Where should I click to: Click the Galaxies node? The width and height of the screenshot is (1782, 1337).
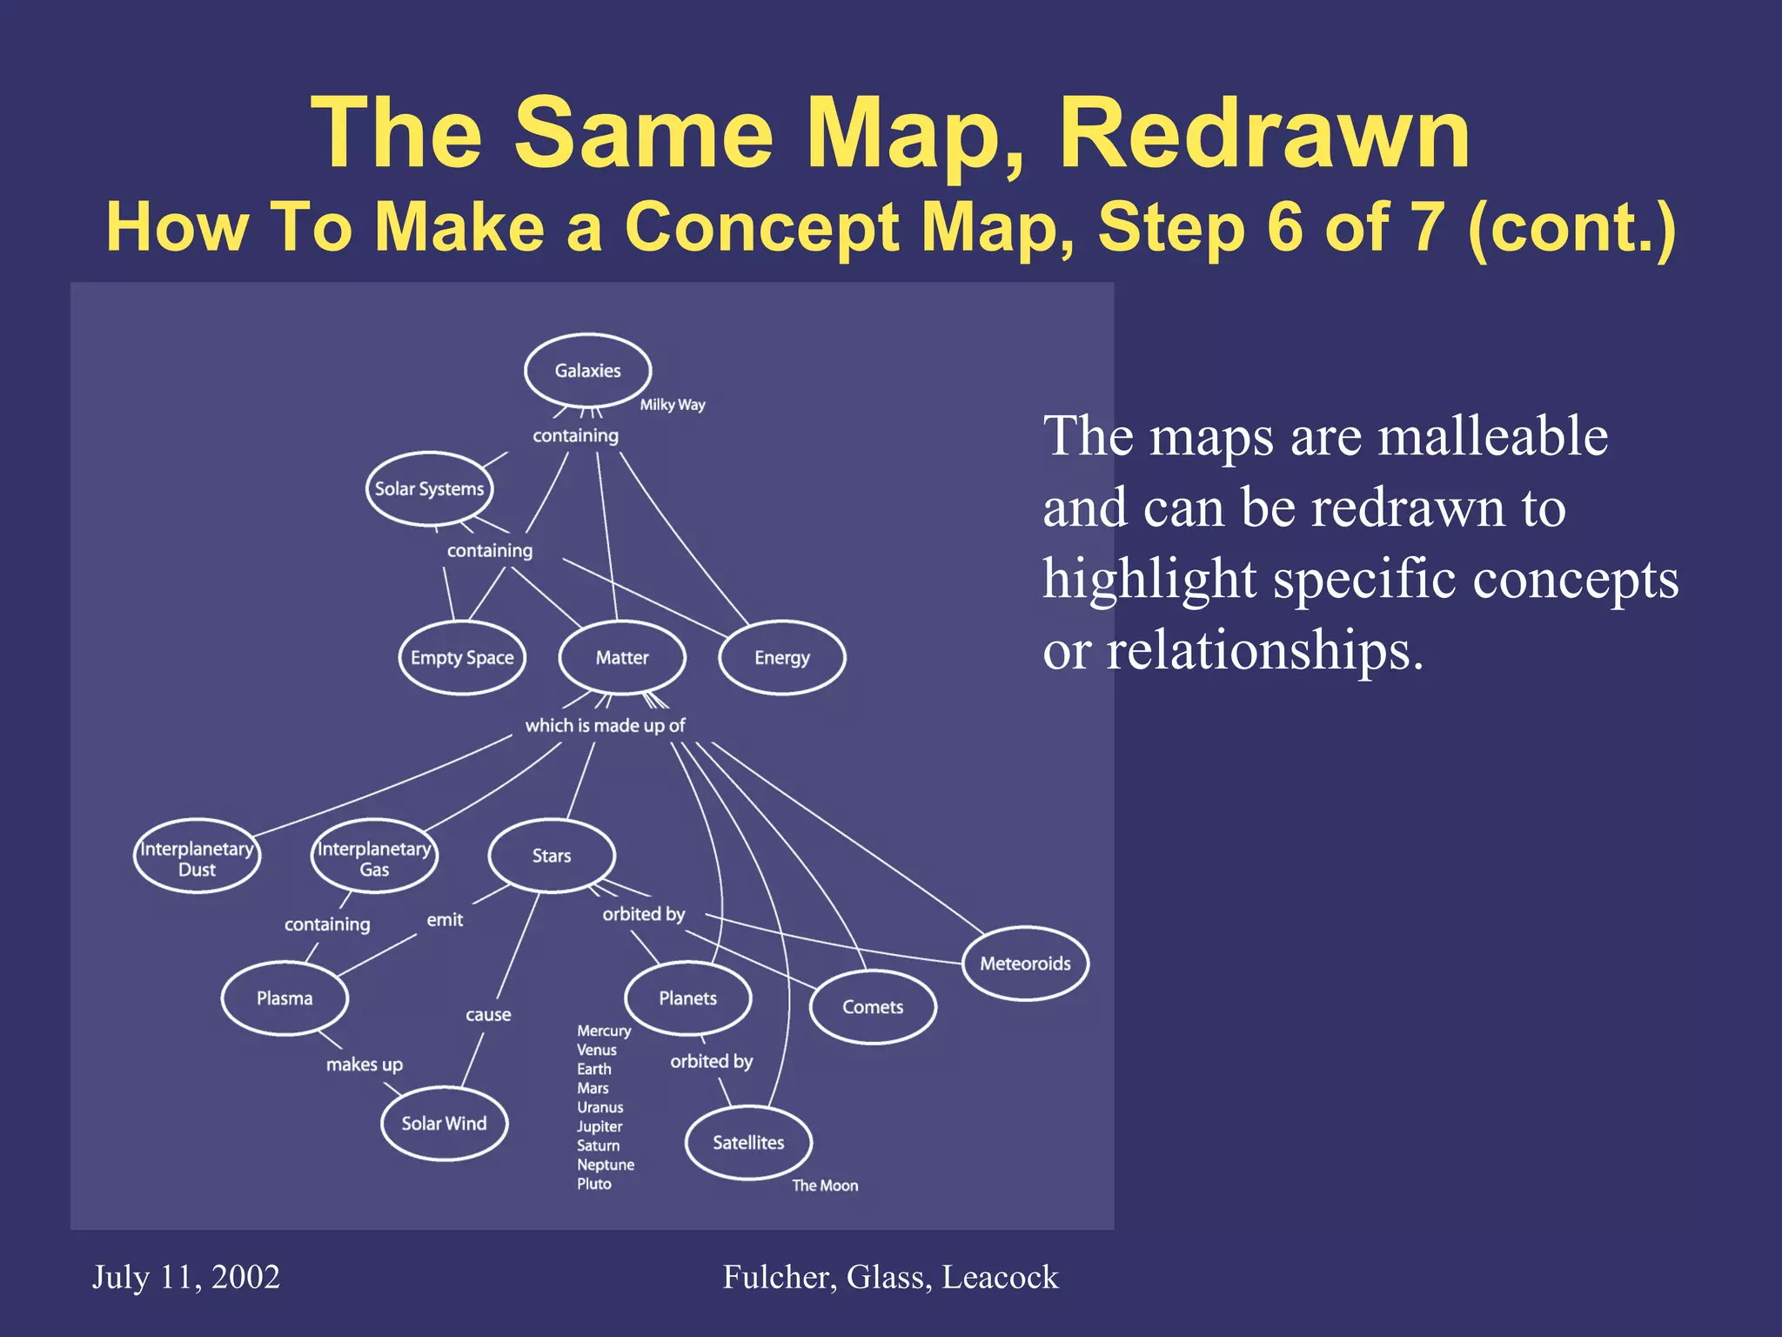click(x=587, y=371)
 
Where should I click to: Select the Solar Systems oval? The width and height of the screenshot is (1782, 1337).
click(x=429, y=489)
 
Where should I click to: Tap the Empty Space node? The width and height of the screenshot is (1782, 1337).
click(x=462, y=658)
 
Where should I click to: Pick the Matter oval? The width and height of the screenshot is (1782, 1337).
click(x=622, y=658)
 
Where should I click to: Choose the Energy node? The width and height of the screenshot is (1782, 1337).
click(x=781, y=658)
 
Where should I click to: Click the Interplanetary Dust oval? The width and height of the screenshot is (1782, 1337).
click(x=197, y=858)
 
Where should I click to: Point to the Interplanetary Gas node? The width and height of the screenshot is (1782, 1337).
click(x=374, y=858)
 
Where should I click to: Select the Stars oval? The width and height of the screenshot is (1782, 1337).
click(x=552, y=857)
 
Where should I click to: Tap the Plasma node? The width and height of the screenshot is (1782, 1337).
click(x=285, y=998)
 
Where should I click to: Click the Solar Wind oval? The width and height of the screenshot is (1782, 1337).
click(x=444, y=1124)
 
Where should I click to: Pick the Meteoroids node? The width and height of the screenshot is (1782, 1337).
click(x=1025, y=964)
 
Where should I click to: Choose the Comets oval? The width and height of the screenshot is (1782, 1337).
click(x=873, y=1007)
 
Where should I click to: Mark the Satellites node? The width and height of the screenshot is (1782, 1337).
click(x=748, y=1143)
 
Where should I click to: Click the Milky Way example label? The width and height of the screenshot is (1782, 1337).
click(x=673, y=405)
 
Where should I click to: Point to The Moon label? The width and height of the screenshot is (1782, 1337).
click(x=825, y=1186)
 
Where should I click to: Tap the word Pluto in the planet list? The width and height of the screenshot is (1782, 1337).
click(x=594, y=1184)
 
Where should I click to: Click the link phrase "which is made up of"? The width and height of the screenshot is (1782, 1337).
click(x=605, y=725)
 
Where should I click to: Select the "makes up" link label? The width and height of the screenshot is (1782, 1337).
click(x=365, y=1065)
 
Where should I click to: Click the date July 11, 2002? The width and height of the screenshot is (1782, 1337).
click(x=186, y=1277)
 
